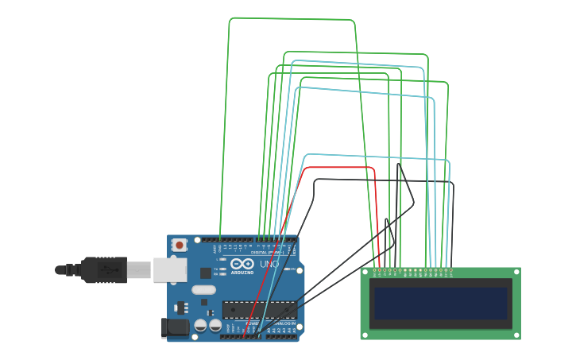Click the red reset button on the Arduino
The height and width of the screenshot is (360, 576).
(180, 246)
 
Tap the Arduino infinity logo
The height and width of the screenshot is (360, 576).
(243, 264)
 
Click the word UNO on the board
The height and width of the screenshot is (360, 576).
(269, 264)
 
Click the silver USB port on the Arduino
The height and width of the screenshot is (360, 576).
(169, 270)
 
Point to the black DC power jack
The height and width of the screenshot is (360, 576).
(175, 327)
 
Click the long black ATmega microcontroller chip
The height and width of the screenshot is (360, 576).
(259, 310)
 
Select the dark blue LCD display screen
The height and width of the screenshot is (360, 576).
(440, 303)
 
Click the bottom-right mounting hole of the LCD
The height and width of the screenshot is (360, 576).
(516, 335)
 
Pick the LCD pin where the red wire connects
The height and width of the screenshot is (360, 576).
(380, 270)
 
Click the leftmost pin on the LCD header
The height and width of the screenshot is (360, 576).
(375, 270)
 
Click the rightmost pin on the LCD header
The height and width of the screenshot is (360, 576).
(451, 270)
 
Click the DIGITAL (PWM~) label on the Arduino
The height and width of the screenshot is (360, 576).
(267, 253)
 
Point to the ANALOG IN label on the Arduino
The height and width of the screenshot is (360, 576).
(284, 323)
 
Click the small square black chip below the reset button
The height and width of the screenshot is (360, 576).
(206, 273)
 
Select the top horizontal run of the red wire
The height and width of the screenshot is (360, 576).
(338, 168)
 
